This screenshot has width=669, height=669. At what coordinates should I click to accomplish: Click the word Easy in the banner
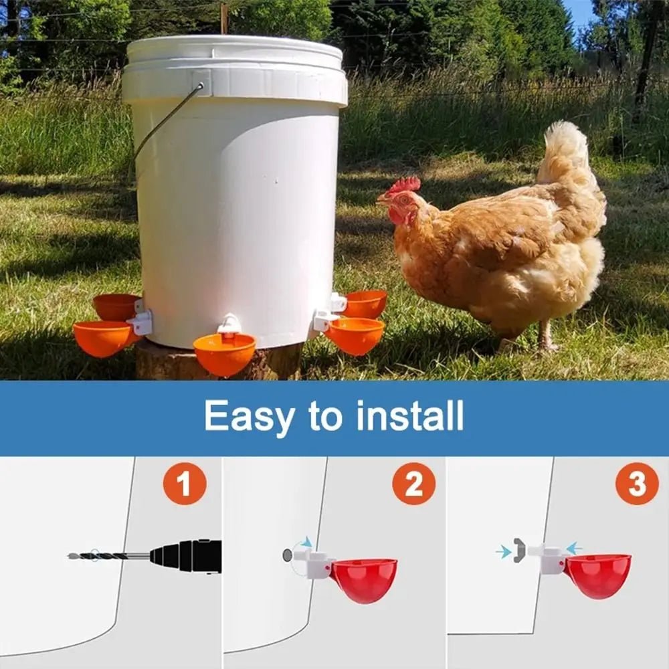249,416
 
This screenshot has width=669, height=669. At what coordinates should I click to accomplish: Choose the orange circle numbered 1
184,483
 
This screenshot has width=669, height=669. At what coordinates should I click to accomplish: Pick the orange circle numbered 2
413,483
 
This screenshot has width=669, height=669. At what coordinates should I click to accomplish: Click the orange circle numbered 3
636,483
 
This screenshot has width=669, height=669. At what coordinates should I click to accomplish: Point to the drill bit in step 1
107,556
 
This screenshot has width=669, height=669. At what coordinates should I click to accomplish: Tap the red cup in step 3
597,574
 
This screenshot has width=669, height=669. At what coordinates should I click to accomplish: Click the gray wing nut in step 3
518,550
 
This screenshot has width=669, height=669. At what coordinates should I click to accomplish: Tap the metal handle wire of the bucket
164,120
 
